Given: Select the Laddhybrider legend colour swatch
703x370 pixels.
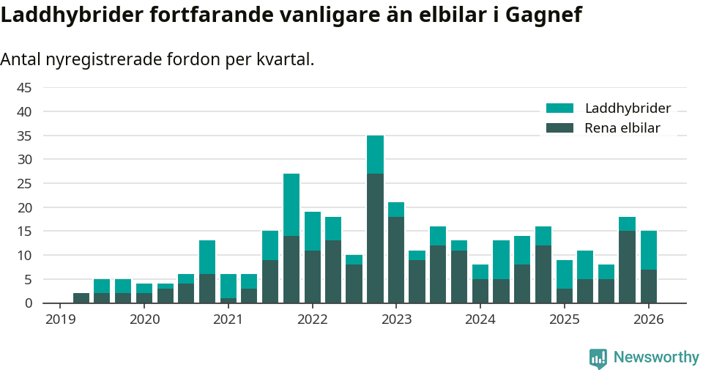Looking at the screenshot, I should [x=560, y=108].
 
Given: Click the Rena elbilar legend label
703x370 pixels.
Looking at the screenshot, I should [x=622, y=128].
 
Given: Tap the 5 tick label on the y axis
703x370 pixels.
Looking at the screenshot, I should [x=28, y=279].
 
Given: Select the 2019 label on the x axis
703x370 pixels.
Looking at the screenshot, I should [x=61, y=319].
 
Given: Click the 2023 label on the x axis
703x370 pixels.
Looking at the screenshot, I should [x=397, y=319].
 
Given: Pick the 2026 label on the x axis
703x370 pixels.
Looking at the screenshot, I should [x=649, y=319].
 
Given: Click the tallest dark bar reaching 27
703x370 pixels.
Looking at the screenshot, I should [x=375, y=238].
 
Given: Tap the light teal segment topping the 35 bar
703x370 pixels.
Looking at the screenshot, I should [x=375, y=155].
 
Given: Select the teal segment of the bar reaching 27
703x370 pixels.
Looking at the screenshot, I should [x=291, y=204].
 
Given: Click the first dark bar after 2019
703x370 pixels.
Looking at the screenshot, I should [x=81, y=297].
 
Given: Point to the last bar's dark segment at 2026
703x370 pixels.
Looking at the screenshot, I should [x=649, y=286].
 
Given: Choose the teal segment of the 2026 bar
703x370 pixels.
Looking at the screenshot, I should [x=649, y=250].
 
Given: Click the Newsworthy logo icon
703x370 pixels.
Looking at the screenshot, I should [x=598, y=358].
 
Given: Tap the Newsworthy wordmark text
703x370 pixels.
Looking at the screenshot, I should [x=656, y=358].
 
